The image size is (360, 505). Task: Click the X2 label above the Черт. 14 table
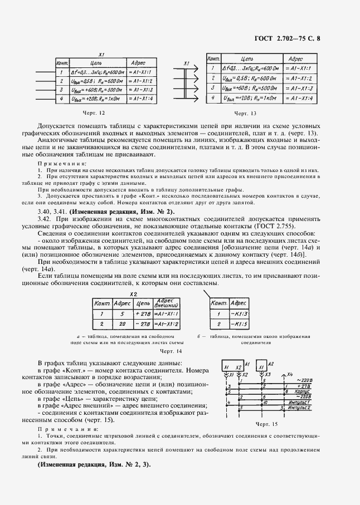133,293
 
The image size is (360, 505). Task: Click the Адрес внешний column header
167,303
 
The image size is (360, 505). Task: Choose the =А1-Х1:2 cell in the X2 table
167,323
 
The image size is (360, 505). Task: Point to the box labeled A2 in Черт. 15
262,367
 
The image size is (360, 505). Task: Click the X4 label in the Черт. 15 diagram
289,374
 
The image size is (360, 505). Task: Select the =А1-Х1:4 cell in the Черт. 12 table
144,99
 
